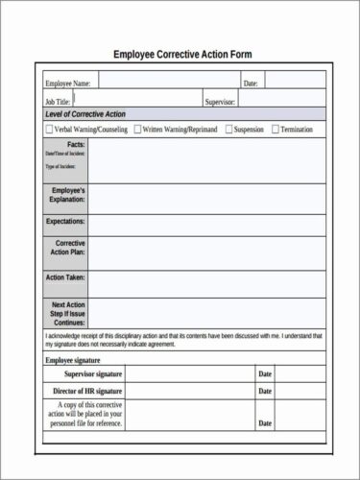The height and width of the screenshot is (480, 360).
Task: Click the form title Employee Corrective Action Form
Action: [182, 54]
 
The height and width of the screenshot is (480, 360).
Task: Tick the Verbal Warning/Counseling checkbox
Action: [49, 128]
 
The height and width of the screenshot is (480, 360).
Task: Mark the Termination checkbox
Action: [276, 128]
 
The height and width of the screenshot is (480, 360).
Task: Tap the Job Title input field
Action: [134, 99]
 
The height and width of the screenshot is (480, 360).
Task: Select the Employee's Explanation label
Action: [66, 196]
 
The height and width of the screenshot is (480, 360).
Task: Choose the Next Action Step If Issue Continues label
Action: [67, 314]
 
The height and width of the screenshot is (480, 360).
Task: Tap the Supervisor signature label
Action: [92, 373]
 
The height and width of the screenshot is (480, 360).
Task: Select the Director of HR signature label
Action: [87, 392]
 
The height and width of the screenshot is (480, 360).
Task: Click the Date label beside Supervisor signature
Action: [266, 373]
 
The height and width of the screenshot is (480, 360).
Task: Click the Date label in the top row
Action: [251, 84]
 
